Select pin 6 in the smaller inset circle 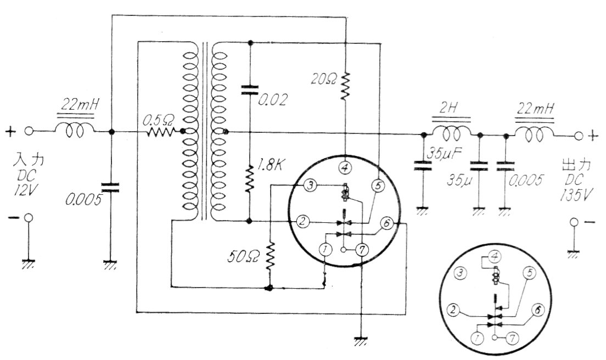tap(538, 310)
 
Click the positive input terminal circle tap(31, 131)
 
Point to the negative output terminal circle tap(574, 222)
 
